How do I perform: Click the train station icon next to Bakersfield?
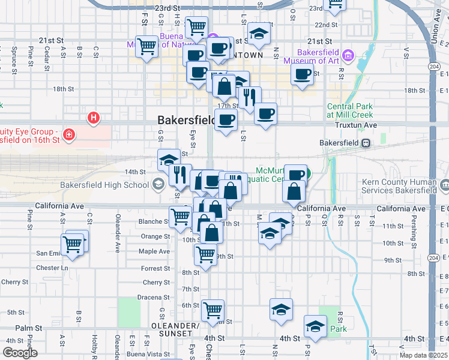tap(364, 143)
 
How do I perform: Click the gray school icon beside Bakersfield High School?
tap(159, 184)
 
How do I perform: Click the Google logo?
tap(20, 353)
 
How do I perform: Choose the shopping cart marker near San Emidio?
tap(73, 244)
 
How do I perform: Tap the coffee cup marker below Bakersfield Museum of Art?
tap(303, 74)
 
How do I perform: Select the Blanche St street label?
tap(153, 221)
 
